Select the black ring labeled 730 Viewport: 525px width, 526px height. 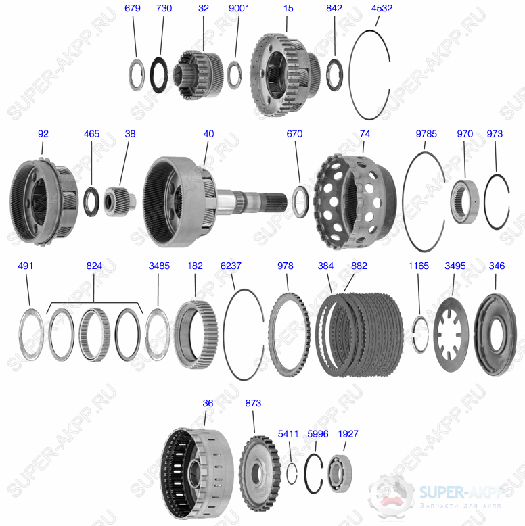(159, 73)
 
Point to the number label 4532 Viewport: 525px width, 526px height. (382, 9)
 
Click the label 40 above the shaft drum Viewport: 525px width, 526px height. (208, 134)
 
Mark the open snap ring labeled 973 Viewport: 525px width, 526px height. (496, 201)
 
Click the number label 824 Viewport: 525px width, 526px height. (94, 266)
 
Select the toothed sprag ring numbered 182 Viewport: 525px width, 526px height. (195, 333)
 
